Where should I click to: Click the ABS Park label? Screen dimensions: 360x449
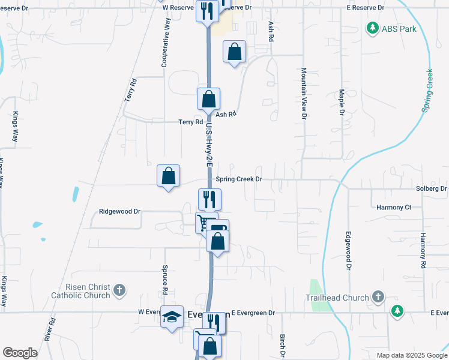point(399,28)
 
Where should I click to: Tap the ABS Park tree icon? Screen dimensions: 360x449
point(372,28)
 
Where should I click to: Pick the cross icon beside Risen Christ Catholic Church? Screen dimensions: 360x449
point(119,290)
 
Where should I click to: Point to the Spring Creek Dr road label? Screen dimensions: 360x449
point(239,179)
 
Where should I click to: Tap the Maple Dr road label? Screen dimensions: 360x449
point(341,103)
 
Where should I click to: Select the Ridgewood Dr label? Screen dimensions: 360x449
point(119,212)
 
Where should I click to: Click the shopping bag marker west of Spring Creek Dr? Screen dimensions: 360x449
point(169,176)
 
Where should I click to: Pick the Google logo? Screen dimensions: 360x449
point(20,353)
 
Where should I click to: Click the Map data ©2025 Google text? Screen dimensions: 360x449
point(411,355)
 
